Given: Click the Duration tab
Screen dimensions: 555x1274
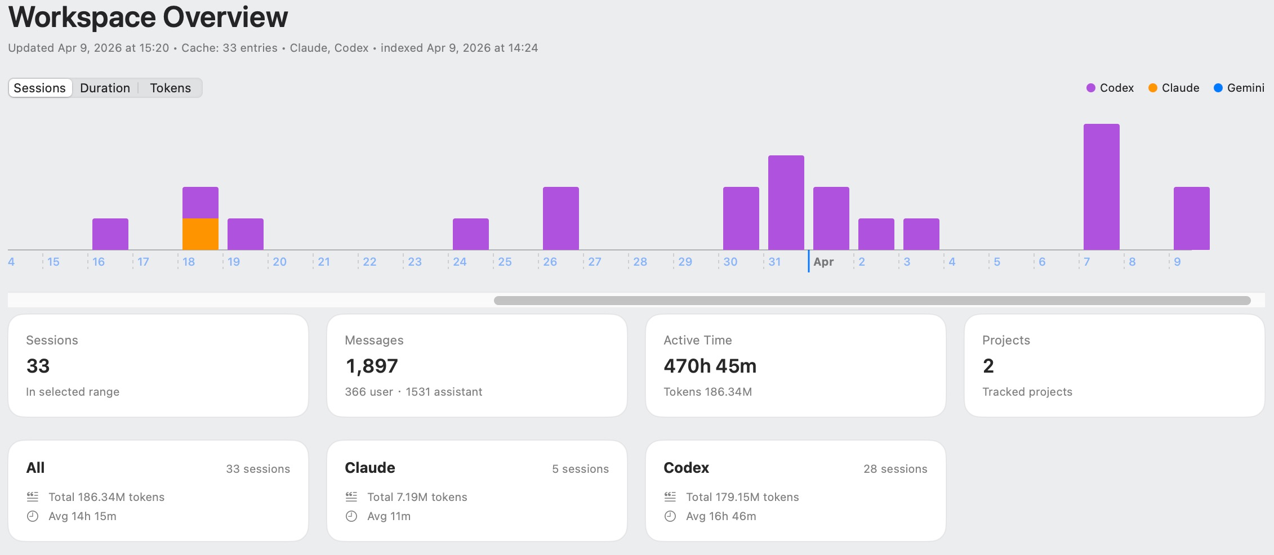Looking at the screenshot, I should (x=105, y=88).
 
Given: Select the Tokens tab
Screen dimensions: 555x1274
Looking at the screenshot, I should (x=170, y=88).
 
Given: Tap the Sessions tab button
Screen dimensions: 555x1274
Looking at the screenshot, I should (x=39, y=88).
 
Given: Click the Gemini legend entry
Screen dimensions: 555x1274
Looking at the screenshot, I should (x=1239, y=88).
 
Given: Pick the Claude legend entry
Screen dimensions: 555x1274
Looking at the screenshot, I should (x=1174, y=88).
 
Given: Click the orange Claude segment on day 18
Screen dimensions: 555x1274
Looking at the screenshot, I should (x=200, y=234).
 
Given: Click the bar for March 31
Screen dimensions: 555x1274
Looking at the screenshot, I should (x=786, y=203).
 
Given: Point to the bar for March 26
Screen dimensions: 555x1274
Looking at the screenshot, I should (x=560, y=218).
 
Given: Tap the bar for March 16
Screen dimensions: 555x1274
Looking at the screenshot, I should (x=110, y=234).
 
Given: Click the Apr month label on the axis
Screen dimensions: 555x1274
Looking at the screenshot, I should (x=823, y=262).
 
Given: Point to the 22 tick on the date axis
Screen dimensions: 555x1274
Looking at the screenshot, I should (x=369, y=262).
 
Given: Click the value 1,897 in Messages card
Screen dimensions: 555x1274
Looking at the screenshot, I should (x=372, y=366).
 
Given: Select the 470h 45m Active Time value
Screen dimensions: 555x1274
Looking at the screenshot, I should (x=710, y=366).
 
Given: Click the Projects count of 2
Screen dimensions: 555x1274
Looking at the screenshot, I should (x=988, y=366).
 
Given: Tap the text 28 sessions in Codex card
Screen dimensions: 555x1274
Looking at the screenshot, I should (x=895, y=469).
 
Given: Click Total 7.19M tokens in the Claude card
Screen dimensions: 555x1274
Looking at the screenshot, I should (x=417, y=497).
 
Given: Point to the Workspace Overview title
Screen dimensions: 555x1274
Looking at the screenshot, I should (x=148, y=17).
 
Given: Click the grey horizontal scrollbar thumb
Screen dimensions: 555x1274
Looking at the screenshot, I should (x=872, y=301).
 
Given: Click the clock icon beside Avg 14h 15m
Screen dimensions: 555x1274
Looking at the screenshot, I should (x=33, y=516).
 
